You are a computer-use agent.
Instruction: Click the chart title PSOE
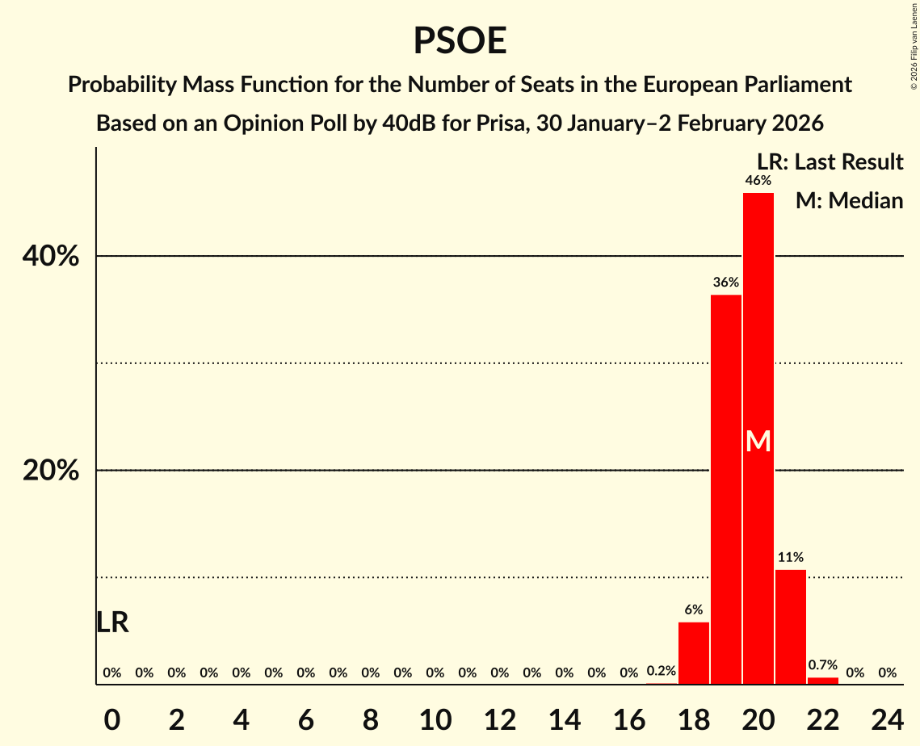(460, 40)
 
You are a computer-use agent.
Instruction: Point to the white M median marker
(758, 441)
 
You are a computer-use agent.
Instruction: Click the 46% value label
(758, 181)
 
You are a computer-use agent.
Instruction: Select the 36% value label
(726, 283)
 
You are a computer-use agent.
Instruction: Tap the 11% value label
(791, 557)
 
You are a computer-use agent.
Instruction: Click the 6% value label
(694, 610)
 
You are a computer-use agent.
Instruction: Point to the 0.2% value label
(662, 671)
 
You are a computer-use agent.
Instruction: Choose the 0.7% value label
(822, 665)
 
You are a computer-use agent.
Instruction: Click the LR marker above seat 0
(112, 622)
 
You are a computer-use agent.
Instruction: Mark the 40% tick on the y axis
(50, 257)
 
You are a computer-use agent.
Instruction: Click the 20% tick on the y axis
(50, 471)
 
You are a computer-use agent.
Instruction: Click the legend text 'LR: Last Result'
(830, 162)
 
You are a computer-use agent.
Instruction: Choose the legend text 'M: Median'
(849, 200)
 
